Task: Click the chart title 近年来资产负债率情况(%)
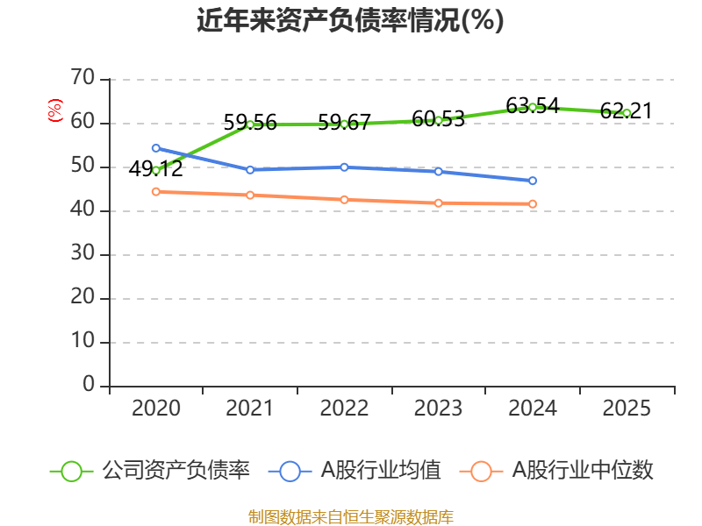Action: click(x=350, y=20)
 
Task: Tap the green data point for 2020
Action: click(x=156, y=170)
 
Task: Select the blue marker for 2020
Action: click(x=156, y=148)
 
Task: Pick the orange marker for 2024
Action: click(x=533, y=204)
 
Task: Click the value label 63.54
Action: click(x=533, y=106)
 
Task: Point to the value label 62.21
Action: click(x=627, y=111)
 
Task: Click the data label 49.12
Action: click(x=156, y=169)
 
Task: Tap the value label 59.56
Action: click(x=250, y=123)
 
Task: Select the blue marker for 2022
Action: click(x=344, y=167)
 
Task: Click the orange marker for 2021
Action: click(x=250, y=195)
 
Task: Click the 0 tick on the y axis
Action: click(x=88, y=385)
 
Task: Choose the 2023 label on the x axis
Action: click(x=438, y=409)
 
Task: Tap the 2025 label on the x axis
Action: click(x=627, y=409)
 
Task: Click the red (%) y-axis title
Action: click(x=55, y=110)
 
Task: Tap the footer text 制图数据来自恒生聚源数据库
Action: click(x=350, y=517)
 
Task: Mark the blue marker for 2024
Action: click(x=533, y=181)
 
